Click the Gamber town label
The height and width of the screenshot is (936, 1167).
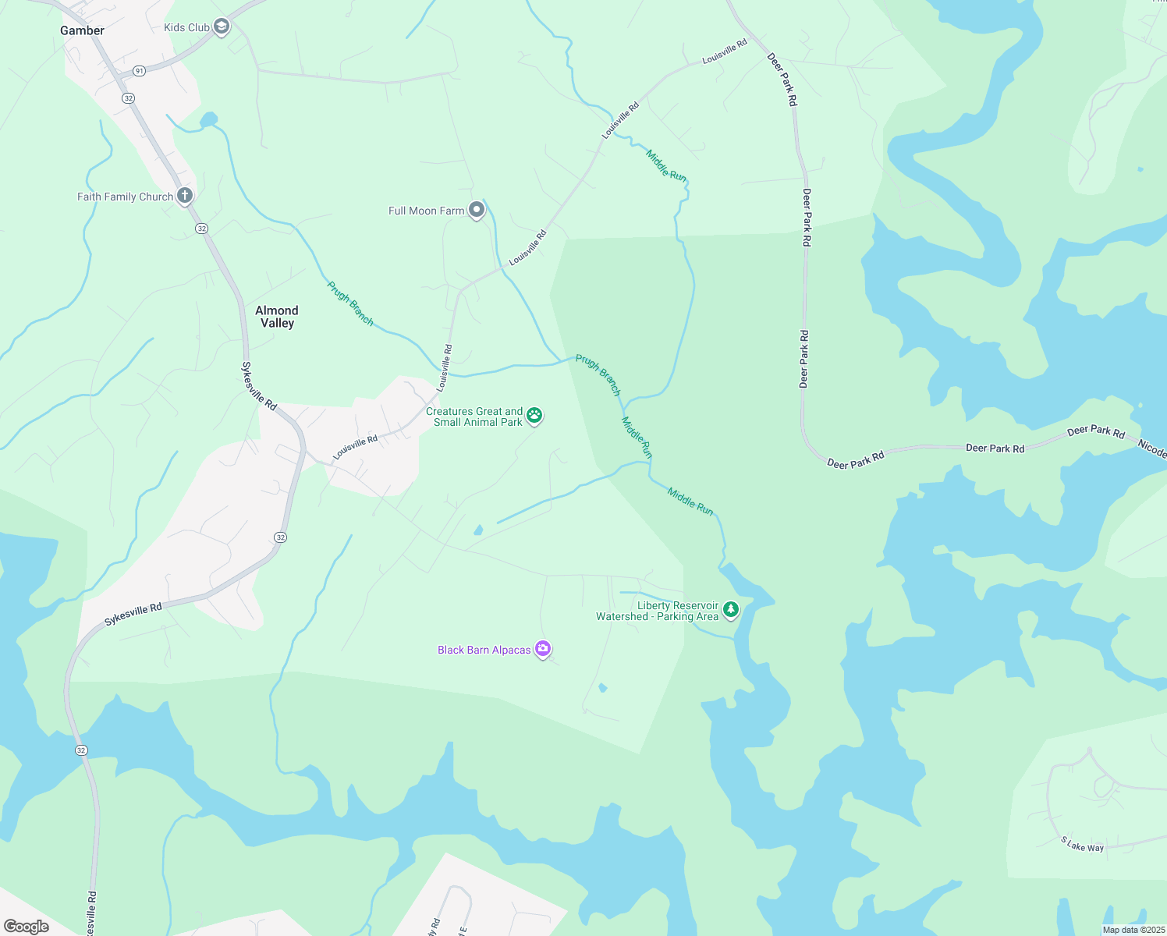(x=82, y=30)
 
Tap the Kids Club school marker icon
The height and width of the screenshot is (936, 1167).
(x=222, y=27)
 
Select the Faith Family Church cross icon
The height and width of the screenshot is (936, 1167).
(x=185, y=196)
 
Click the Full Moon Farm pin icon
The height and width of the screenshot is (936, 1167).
(x=477, y=211)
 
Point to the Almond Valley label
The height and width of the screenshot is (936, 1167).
(x=277, y=317)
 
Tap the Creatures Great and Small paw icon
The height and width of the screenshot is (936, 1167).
(x=534, y=415)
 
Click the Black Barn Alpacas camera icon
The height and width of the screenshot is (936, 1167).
(x=543, y=649)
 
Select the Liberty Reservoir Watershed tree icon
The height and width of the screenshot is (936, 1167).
(x=731, y=609)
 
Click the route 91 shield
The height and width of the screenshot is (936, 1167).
(x=139, y=71)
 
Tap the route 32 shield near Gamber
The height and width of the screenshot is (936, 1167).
(x=129, y=98)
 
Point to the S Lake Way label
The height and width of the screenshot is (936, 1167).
(x=1082, y=844)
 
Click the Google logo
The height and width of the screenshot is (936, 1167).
(x=26, y=926)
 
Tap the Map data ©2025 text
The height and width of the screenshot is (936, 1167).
(x=1133, y=930)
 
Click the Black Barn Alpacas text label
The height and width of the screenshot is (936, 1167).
(x=484, y=650)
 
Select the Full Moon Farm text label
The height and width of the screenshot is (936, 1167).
(x=426, y=211)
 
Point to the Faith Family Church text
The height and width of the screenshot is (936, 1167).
(x=125, y=197)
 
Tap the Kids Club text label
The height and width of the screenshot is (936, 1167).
(x=186, y=27)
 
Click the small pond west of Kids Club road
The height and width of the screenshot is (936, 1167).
(x=208, y=119)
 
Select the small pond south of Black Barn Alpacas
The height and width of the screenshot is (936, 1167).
(x=602, y=688)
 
